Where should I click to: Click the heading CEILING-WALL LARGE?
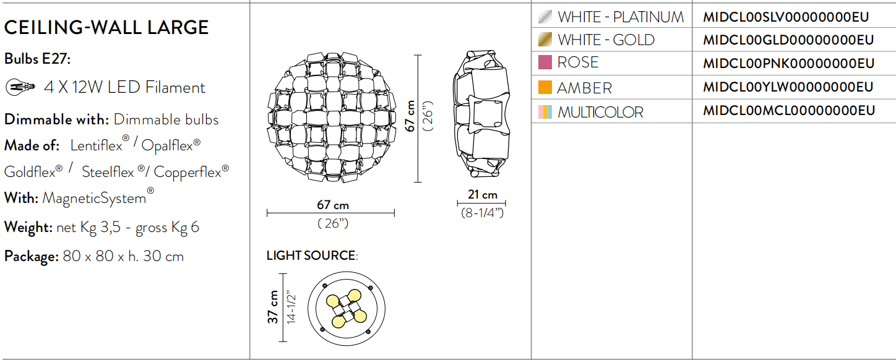pos(106,28)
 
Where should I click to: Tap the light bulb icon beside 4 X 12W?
pos(20,87)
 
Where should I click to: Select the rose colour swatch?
pos(545,62)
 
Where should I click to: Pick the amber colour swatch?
pos(545,87)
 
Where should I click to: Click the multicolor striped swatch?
pos(545,112)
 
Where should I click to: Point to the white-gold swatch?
pos(545,40)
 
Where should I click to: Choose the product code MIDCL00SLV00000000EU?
pos(786,17)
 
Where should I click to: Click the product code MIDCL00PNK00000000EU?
pos(788,64)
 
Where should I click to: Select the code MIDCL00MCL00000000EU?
pos(789,111)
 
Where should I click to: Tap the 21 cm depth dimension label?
pos(482,195)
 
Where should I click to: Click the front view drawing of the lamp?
pos(330,116)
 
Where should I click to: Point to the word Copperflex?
pos(188,172)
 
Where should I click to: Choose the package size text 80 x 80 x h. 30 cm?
pos(123,256)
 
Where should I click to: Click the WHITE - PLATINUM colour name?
pos(621,17)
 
